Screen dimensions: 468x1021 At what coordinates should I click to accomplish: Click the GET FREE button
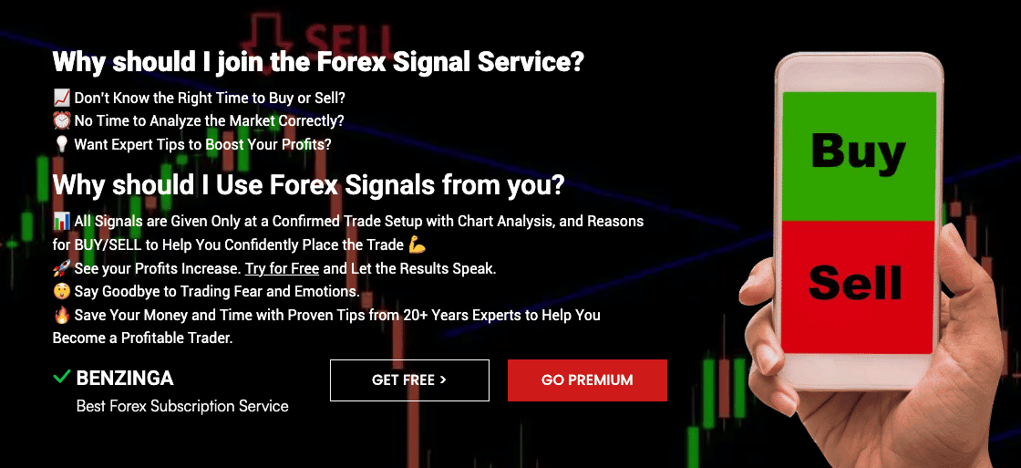(x=409, y=380)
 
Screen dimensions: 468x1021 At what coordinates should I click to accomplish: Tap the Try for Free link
(x=282, y=269)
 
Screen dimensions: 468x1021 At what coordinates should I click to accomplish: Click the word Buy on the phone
(x=858, y=151)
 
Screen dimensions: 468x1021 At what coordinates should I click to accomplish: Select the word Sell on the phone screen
(x=855, y=283)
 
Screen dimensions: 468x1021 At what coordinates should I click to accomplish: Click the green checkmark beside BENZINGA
(x=62, y=377)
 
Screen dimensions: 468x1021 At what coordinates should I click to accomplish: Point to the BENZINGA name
(x=125, y=378)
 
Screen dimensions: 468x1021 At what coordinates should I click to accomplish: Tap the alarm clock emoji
(x=61, y=120)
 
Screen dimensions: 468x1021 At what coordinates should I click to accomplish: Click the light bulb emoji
(x=61, y=144)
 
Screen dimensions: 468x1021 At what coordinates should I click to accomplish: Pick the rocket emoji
(x=61, y=269)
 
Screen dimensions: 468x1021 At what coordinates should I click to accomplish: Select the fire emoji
(x=61, y=315)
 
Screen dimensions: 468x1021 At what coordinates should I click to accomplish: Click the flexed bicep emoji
(x=418, y=244)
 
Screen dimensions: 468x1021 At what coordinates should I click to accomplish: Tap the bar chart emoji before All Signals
(x=61, y=222)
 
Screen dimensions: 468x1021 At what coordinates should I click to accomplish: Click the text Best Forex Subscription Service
(x=182, y=406)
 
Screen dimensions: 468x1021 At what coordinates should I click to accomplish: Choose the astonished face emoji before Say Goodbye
(x=61, y=292)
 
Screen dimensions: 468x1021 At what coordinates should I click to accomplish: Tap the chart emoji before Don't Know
(x=61, y=98)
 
